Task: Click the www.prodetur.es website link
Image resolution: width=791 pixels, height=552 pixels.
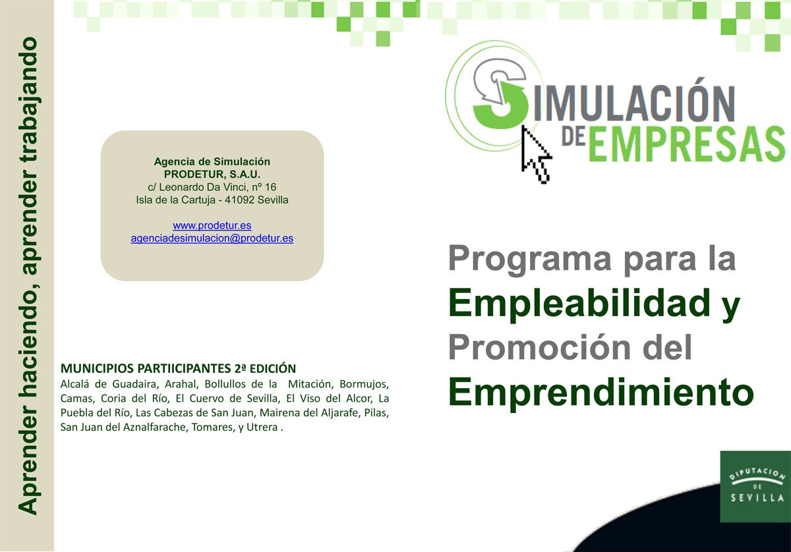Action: click(212, 225)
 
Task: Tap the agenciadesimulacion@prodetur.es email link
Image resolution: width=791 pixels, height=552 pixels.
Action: click(212, 238)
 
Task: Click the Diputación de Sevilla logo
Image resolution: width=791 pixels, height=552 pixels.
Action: click(755, 486)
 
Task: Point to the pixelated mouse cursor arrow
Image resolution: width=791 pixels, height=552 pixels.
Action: click(536, 155)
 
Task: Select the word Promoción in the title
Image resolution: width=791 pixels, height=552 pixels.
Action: click(540, 347)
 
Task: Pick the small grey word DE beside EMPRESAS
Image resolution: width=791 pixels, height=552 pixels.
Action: click(574, 137)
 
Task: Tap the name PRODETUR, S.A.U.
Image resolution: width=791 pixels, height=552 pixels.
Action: click(212, 175)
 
